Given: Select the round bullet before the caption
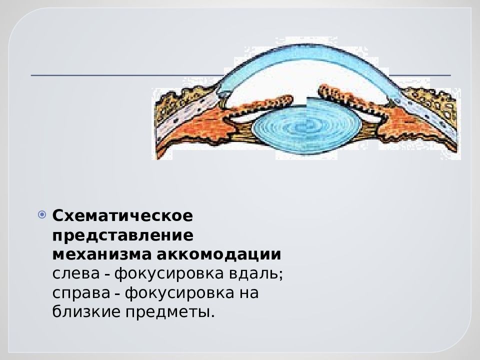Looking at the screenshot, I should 42,215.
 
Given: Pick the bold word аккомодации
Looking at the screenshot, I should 219,254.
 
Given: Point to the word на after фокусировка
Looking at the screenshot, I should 246,293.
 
